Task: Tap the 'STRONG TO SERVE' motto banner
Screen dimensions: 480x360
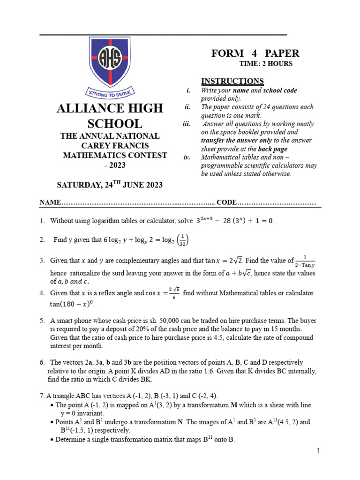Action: tap(110, 92)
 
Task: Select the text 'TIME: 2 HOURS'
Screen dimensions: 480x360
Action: tap(266, 64)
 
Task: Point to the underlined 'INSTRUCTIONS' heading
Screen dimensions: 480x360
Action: tap(232, 81)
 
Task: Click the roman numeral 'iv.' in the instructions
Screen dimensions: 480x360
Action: tap(186, 157)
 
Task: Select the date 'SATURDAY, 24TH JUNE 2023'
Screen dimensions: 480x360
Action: tap(110, 185)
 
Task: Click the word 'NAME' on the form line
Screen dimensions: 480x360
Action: tap(50, 202)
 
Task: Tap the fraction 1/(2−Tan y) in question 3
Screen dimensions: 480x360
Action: tap(305, 261)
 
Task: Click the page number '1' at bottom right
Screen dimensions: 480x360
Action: tap(318, 451)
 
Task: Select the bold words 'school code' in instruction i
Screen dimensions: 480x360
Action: tap(280, 90)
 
